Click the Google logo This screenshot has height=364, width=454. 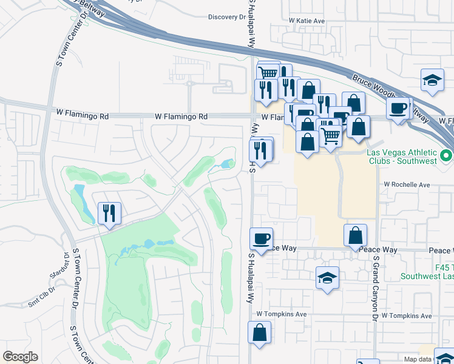(x=20, y=357)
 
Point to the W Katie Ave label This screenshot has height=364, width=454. (x=307, y=21)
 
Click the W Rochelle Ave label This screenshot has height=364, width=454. (x=406, y=184)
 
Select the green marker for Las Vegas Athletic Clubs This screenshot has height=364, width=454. (x=447, y=157)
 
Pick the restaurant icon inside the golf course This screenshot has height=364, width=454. (x=109, y=214)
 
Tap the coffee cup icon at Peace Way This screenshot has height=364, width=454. (x=262, y=238)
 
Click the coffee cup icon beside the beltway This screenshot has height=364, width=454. (x=398, y=109)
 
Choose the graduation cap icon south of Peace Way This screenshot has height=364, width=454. (x=327, y=278)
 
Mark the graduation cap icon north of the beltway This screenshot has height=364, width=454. (x=432, y=80)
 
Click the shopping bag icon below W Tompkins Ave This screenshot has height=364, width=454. (x=259, y=332)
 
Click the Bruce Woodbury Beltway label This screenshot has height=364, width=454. (x=388, y=94)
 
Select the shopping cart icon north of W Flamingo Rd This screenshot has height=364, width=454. (x=268, y=73)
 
